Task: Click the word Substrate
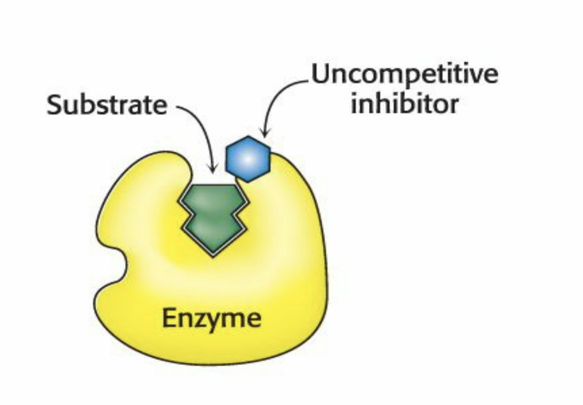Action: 107,105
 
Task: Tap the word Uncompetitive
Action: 405,76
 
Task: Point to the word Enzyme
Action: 211,317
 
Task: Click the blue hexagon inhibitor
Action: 248,159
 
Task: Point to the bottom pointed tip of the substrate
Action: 212,254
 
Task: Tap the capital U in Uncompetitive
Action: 321,75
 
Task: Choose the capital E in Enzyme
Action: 169,317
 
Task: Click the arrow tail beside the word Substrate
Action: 175,107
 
